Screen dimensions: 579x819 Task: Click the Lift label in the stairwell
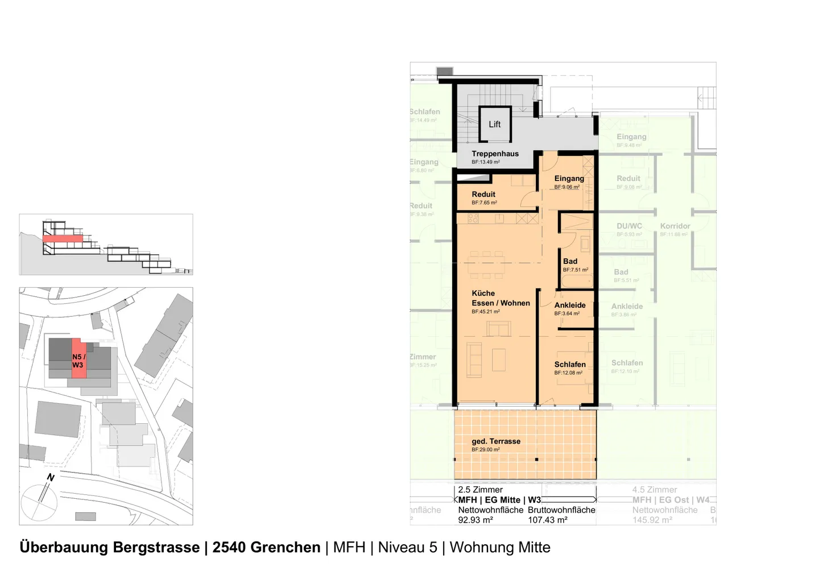[494, 125]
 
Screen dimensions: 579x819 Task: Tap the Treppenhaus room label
[495, 154]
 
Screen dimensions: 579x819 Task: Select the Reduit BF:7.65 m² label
[483, 197]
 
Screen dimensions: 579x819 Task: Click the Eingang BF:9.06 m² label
[569, 181]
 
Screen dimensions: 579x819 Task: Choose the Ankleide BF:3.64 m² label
[569, 308]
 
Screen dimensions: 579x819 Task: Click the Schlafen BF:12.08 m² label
[569, 367]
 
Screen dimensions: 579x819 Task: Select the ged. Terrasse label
[495, 444]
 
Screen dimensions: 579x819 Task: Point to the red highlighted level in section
[63, 239]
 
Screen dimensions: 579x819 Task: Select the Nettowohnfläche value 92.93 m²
[475, 520]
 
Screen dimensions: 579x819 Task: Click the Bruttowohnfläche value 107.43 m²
[548, 520]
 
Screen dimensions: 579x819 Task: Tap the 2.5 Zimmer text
[481, 490]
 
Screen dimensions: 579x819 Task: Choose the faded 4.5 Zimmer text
[655, 490]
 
